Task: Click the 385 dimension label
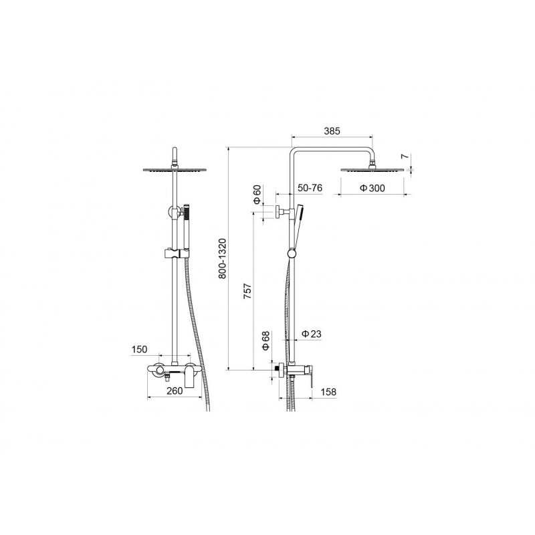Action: pos(332,131)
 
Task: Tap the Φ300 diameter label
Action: pos(372,188)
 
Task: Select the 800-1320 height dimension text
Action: pos(222,259)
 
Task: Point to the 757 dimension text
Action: pos(247,291)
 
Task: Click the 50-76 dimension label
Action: pos(310,188)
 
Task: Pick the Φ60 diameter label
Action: pos(257,195)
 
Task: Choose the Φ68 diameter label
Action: pos(265,340)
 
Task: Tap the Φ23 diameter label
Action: pos(312,334)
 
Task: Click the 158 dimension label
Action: pos(328,392)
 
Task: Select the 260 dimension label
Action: pos(175,391)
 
